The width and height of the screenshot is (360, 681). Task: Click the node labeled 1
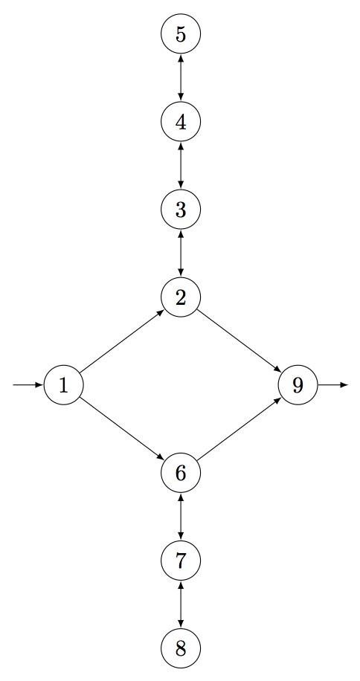[x=63, y=385]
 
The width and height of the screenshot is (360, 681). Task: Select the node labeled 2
[x=181, y=297]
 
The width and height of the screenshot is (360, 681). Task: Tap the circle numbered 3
[x=181, y=210]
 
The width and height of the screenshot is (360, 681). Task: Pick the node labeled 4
[x=181, y=122]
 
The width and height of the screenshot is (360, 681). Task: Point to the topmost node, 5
[x=181, y=34]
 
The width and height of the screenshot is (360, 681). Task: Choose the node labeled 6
[x=181, y=473]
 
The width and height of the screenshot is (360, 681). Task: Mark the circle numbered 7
[x=181, y=561]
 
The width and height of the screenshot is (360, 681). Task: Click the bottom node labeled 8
[x=181, y=648]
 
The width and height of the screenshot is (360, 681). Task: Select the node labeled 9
[x=298, y=385]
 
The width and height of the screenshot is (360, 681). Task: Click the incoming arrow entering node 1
[x=28, y=385]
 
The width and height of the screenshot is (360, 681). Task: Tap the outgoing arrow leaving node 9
[x=333, y=385]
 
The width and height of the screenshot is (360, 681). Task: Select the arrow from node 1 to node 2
[x=122, y=341]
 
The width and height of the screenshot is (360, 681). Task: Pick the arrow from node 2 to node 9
[x=240, y=341]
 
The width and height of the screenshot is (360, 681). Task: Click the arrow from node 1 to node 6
[x=122, y=429]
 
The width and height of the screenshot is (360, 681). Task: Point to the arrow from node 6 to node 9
[x=240, y=429]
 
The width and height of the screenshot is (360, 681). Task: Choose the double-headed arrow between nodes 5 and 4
[x=181, y=78]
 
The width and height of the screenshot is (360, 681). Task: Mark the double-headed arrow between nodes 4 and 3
[x=181, y=166]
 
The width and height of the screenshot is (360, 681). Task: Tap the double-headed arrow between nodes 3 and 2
[x=181, y=254]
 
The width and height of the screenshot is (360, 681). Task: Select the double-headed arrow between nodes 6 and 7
[x=181, y=517]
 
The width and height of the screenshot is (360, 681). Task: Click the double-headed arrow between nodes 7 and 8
[x=181, y=604]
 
